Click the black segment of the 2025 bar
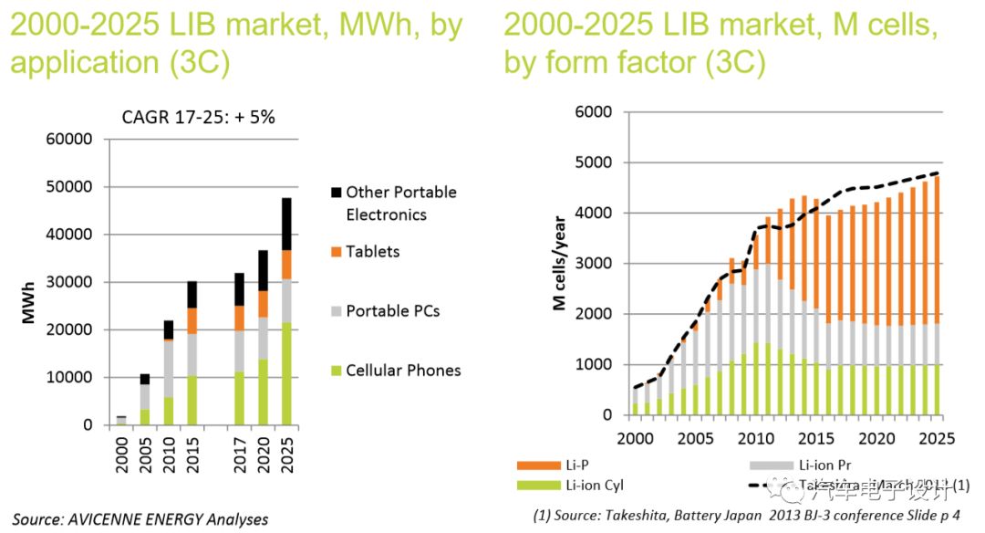285,224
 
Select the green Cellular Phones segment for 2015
192,400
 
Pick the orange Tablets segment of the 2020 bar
263,304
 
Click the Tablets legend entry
372,252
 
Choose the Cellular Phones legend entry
402,371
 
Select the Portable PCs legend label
392,311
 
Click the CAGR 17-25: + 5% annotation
199,117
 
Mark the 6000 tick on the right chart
593,112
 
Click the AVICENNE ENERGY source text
140,519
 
